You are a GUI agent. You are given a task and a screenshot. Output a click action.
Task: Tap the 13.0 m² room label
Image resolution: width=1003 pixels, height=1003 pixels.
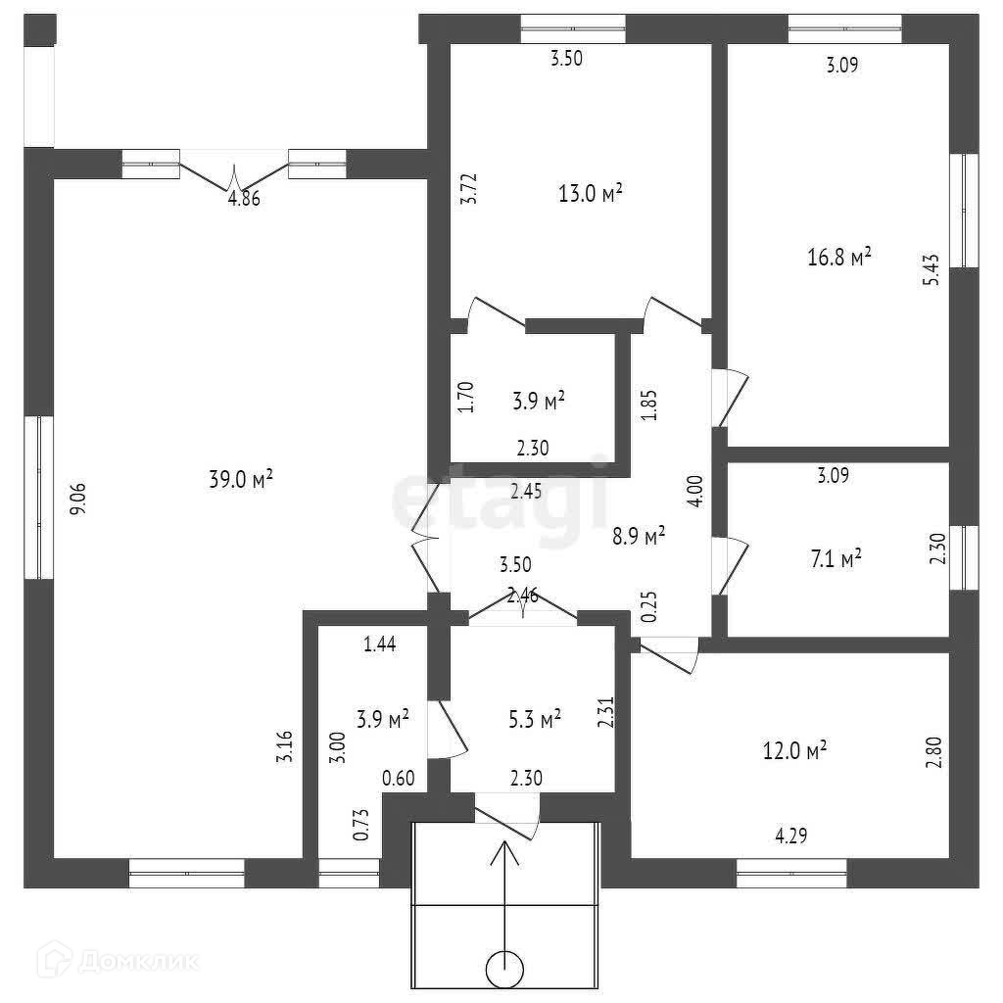pyautogui.click(x=592, y=193)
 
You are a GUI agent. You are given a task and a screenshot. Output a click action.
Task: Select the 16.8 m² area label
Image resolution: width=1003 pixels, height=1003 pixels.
pyautogui.click(x=839, y=258)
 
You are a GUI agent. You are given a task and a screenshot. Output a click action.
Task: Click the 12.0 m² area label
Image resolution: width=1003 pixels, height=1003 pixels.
pyautogui.click(x=795, y=750)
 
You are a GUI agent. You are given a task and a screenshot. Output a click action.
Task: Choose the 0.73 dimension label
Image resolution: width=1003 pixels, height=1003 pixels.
pyautogui.click(x=360, y=822)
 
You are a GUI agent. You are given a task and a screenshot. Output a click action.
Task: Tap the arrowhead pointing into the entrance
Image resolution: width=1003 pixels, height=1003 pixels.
pyautogui.click(x=505, y=851)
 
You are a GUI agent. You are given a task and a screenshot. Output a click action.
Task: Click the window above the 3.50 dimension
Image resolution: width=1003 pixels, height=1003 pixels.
pyautogui.click(x=572, y=28)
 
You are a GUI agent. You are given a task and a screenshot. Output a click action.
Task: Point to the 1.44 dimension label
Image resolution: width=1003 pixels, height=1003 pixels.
pyautogui.click(x=380, y=644)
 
